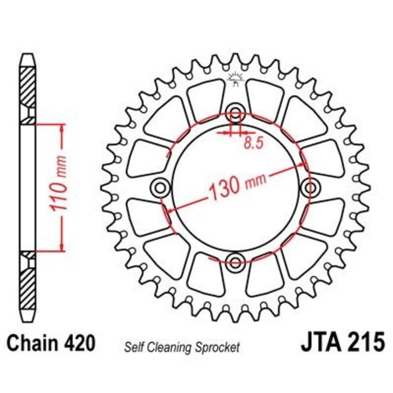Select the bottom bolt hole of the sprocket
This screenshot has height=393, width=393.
(x=235, y=260)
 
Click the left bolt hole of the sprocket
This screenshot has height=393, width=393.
(x=160, y=187)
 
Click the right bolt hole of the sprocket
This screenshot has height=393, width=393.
(x=310, y=187)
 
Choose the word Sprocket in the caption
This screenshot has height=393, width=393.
(x=219, y=347)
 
